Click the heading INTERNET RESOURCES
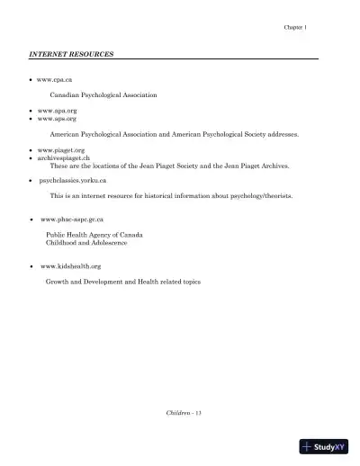(x=72, y=55)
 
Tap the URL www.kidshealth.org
(x=70, y=267)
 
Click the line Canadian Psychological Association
(x=103, y=94)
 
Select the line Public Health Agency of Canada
(x=94, y=235)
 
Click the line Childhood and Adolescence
(x=86, y=243)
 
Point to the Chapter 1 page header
(x=295, y=28)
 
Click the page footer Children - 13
(x=185, y=411)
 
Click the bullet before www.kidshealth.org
(x=31, y=268)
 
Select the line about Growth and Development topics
(x=122, y=282)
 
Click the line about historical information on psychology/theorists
(x=170, y=196)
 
